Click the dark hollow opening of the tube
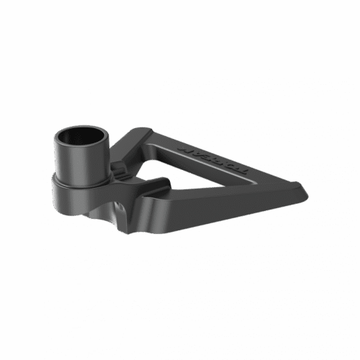coord(81,135)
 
